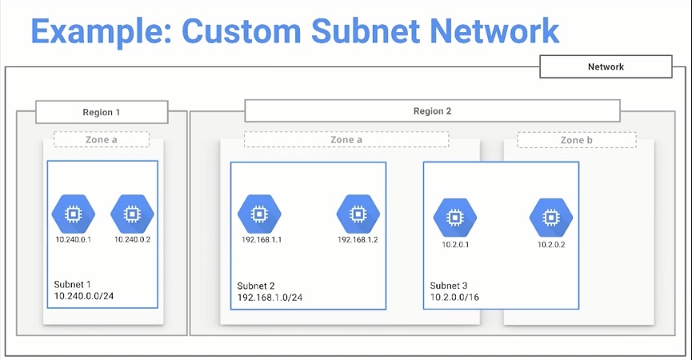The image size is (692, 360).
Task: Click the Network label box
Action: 606,67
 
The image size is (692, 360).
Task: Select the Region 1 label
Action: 102,112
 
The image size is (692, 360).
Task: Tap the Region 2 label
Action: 432,111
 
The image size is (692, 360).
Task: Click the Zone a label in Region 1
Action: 102,140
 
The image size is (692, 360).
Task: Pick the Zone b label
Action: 576,140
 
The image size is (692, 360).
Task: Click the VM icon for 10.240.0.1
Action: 73,214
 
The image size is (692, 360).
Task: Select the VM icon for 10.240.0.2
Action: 132,214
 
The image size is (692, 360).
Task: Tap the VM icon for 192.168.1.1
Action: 259,214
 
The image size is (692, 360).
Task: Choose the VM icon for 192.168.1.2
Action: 358,214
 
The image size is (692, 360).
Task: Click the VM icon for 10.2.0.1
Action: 454,217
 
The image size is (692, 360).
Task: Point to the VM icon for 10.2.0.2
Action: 551,217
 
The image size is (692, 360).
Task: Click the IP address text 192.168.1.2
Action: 358,239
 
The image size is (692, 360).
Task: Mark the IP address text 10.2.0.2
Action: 551,244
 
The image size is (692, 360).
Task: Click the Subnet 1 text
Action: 73,284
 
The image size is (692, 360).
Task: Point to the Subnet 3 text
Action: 449,286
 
